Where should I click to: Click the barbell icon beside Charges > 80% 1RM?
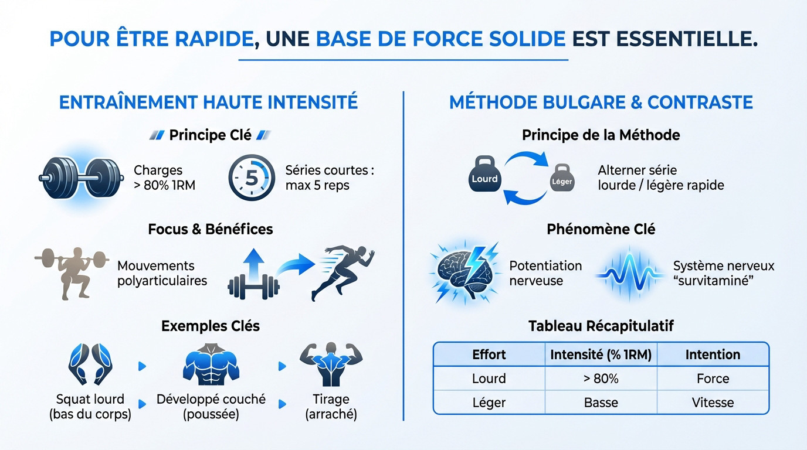[x=81, y=176]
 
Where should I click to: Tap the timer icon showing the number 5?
[x=251, y=178]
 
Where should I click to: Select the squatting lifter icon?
[x=72, y=272]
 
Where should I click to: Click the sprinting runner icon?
[x=343, y=272]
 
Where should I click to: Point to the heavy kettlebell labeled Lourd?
[x=484, y=176]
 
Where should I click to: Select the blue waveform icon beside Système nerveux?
[x=630, y=273]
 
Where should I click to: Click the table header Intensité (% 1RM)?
[x=601, y=354]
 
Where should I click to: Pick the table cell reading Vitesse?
[x=713, y=403]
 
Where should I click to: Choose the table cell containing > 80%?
[x=601, y=379]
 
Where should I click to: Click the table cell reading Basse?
[x=601, y=403]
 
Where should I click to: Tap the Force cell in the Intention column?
[x=713, y=379]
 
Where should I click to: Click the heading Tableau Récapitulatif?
[x=601, y=326]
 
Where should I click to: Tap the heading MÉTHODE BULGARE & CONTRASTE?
[x=601, y=102]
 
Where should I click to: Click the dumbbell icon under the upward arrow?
[x=253, y=287]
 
